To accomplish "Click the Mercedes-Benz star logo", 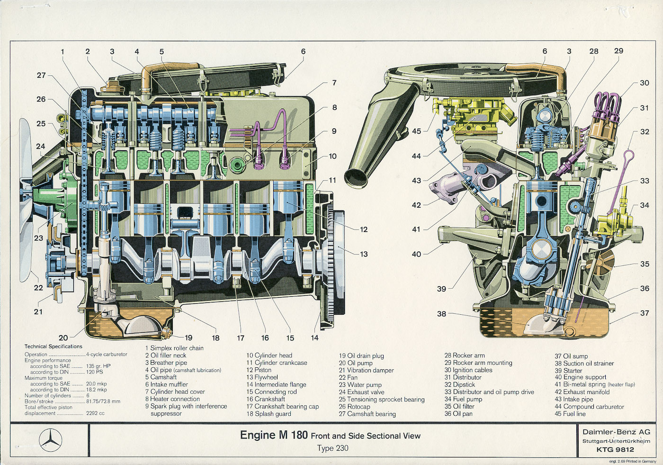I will tap(51, 440).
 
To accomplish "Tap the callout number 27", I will tap(41, 75).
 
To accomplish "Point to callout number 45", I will tap(416, 131).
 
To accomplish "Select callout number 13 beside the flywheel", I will tap(364, 254).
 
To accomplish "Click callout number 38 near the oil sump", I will tap(441, 313).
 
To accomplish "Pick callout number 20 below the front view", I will tap(63, 337).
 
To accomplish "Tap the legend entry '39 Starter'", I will tap(568, 370).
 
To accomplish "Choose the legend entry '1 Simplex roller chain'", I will tap(174, 348).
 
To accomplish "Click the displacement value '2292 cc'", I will tap(95, 413).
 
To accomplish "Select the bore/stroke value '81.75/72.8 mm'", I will tap(103, 401).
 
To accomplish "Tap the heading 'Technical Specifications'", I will tap(54, 346).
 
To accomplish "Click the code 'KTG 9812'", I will tap(615, 449).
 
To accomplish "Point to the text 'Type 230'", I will tap(332, 448).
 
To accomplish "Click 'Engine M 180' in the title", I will tap(274, 435).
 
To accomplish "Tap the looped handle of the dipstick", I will tap(628, 156).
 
